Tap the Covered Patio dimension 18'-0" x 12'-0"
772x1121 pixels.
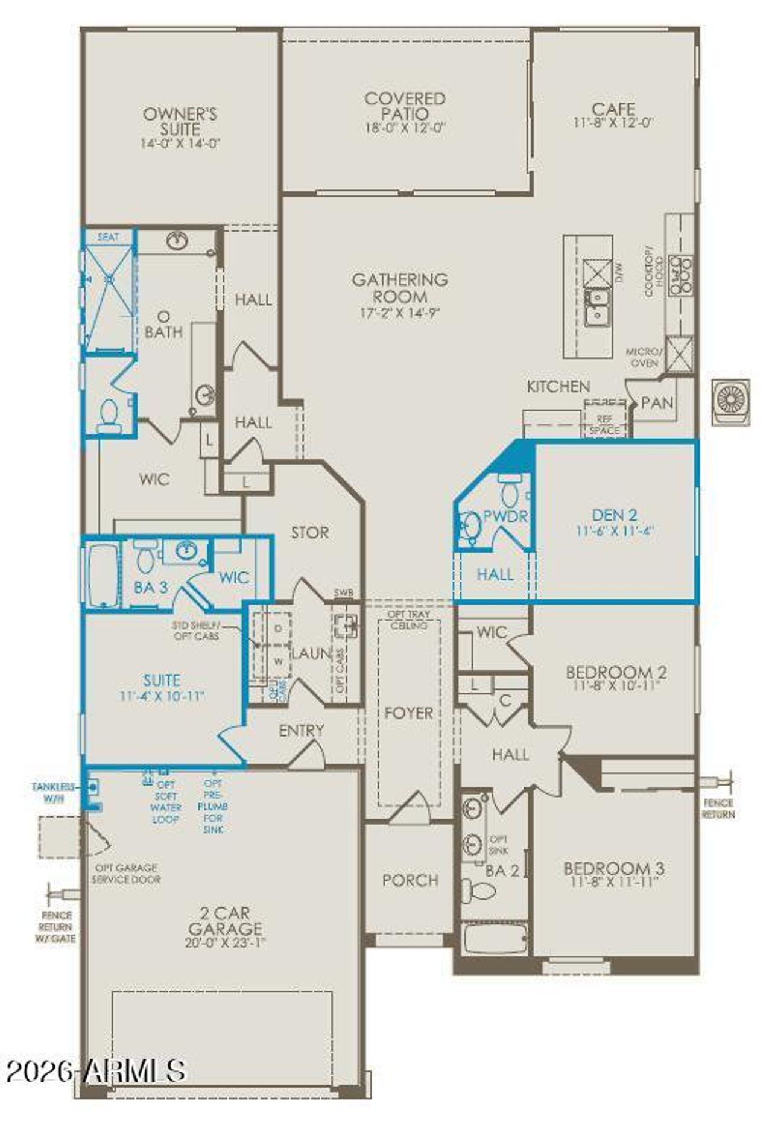pos(405,129)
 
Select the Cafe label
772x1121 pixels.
pos(613,109)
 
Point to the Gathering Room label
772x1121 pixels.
pos(400,288)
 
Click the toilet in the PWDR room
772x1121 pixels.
pos(510,491)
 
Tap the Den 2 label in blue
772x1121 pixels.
pos(615,515)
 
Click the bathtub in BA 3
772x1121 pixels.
pos(103,576)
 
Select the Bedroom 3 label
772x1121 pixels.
pos(613,868)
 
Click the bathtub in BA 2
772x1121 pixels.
pos(495,938)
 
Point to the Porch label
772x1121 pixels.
pos(410,880)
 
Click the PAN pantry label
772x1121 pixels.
pos(657,403)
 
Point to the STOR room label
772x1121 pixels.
pos(310,532)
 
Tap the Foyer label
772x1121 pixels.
pos(409,713)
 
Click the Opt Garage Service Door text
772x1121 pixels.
pos(126,874)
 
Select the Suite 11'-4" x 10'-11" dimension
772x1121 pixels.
pos(162,696)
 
